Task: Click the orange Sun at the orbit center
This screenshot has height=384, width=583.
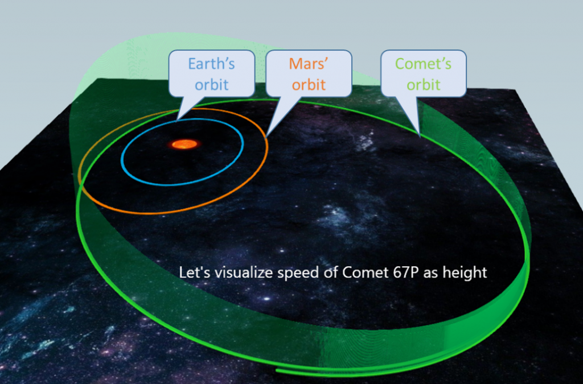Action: pyautogui.click(x=184, y=144)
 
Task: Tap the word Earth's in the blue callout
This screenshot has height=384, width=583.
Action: pyautogui.click(x=212, y=64)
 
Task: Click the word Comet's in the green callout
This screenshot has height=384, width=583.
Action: pyautogui.click(x=423, y=64)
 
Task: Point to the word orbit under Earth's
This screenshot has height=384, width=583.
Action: pyautogui.click(x=212, y=85)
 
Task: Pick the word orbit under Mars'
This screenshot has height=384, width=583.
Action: pyautogui.click(x=309, y=85)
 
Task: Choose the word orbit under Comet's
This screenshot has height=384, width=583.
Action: pyautogui.click(x=424, y=85)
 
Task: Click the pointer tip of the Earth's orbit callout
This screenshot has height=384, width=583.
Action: pyautogui.click(x=176, y=120)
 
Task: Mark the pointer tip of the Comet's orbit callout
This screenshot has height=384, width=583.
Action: pyautogui.click(x=420, y=136)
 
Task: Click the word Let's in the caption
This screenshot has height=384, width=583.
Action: pyautogui.click(x=191, y=272)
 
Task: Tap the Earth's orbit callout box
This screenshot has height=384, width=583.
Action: pyautogui.click(x=212, y=73)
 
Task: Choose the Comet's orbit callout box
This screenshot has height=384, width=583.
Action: pyautogui.click(x=424, y=73)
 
